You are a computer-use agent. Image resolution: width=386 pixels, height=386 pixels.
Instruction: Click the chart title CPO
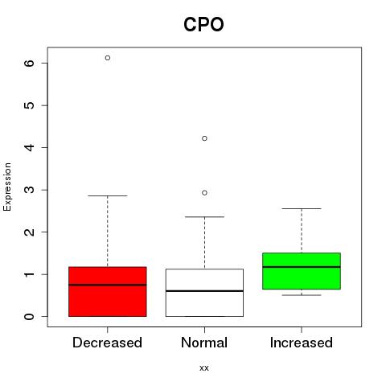pyautogui.click(x=203, y=24)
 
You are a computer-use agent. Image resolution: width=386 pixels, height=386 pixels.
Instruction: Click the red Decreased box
pyautogui.click(x=108, y=292)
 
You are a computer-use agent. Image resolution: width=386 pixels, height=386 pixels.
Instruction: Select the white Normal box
pyautogui.click(x=204, y=293)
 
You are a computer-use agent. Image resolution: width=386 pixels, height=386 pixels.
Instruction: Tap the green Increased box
pyautogui.click(x=302, y=271)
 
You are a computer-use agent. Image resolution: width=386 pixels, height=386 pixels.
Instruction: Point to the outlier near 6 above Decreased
pyautogui.click(x=108, y=58)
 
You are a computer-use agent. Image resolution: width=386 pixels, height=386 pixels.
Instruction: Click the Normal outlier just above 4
pyautogui.click(x=204, y=138)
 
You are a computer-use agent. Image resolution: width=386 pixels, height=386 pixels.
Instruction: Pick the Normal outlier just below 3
pyautogui.click(x=204, y=193)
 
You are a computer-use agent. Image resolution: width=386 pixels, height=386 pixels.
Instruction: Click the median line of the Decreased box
pyautogui.click(x=108, y=285)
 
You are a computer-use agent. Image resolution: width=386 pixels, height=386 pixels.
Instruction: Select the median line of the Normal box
pyautogui.click(x=204, y=291)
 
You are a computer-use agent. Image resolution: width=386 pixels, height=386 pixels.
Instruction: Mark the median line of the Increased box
pyautogui.click(x=302, y=267)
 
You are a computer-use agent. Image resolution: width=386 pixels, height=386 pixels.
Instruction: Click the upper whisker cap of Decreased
pyautogui.click(x=108, y=195)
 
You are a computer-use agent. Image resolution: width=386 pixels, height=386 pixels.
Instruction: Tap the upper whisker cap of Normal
pyautogui.click(x=204, y=216)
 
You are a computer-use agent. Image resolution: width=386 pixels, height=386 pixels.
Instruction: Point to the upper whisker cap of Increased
pyautogui.click(x=302, y=208)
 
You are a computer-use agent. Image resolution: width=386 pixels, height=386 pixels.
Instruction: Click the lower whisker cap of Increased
pyautogui.click(x=302, y=295)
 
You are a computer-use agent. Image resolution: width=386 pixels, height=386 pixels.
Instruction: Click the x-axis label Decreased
pyautogui.click(x=107, y=343)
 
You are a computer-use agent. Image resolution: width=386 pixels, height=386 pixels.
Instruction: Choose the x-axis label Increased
pyautogui.click(x=302, y=343)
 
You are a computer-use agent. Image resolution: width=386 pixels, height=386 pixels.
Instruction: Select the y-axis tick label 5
pyautogui.click(x=30, y=105)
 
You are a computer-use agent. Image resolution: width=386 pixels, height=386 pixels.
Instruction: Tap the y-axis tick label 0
pyautogui.click(x=30, y=317)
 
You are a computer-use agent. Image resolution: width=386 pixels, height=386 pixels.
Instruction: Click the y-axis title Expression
pyautogui.click(x=7, y=187)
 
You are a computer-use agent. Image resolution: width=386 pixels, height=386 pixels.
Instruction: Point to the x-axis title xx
pyautogui.click(x=204, y=368)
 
